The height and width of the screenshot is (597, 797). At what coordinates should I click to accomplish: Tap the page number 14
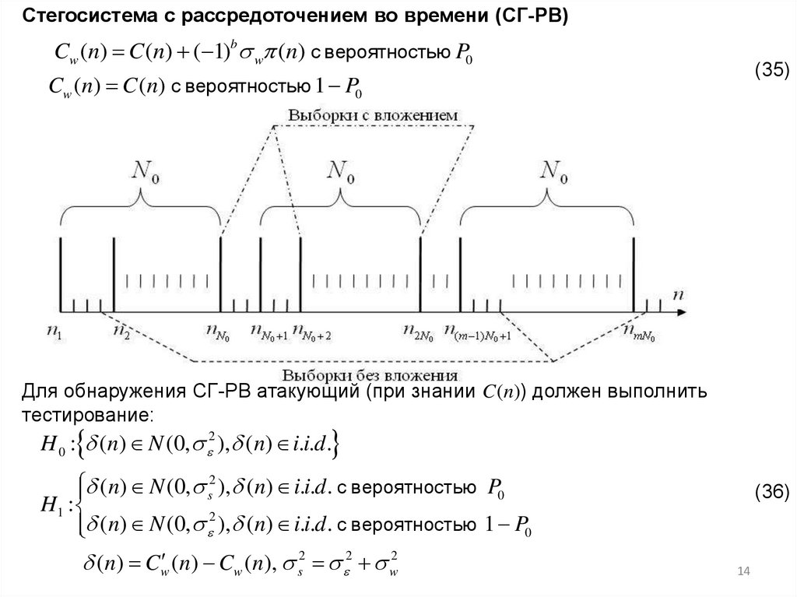tap(743, 573)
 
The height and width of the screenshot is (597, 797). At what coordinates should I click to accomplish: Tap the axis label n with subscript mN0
tap(639, 334)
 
